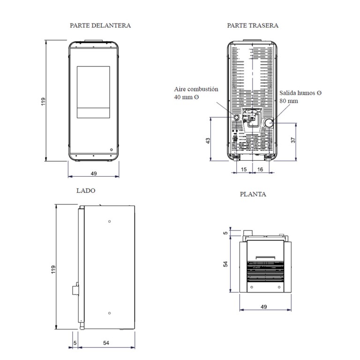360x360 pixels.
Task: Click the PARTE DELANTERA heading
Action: [x=100, y=25]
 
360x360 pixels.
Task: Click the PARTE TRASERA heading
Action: [x=253, y=25]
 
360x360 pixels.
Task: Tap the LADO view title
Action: [x=86, y=191]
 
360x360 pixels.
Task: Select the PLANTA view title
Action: [x=253, y=194]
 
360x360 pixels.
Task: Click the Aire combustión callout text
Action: [x=196, y=93]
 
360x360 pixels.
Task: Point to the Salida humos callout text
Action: [x=300, y=97]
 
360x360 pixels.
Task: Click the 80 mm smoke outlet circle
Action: [x=268, y=123]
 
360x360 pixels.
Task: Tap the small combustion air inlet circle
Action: [x=236, y=117]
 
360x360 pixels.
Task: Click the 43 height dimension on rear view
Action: [x=208, y=141]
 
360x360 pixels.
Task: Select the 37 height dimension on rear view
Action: [x=293, y=140]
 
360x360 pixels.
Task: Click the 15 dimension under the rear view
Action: [x=244, y=169]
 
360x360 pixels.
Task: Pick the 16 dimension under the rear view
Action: [x=260, y=169]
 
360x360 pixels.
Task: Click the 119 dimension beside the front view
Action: [x=44, y=101]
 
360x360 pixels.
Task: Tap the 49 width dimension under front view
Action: [x=94, y=173]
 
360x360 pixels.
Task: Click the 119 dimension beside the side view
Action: [x=53, y=270]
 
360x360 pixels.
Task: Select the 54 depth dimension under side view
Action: [x=106, y=343]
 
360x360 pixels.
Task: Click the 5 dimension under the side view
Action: [x=75, y=343]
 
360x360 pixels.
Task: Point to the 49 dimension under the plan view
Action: [x=264, y=307]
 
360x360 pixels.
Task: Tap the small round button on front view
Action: [x=112, y=150]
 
